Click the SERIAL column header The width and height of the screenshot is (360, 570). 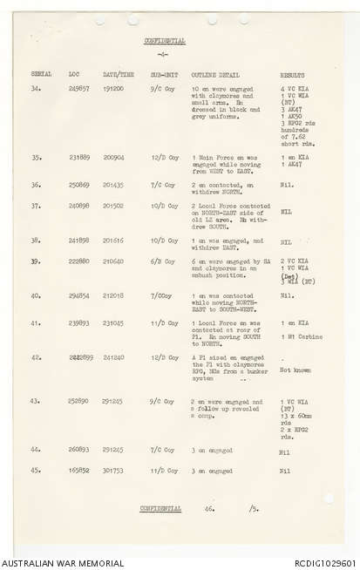tap(41, 75)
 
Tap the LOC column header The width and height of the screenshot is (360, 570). tap(74, 75)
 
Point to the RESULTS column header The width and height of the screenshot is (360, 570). tap(293, 75)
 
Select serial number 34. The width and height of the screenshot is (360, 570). tap(36, 89)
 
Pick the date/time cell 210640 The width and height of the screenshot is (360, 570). tap(112, 261)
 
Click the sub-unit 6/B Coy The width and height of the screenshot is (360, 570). tap(163, 261)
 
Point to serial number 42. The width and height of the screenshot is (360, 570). tap(36, 357)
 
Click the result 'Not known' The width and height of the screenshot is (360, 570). tap(295, 370)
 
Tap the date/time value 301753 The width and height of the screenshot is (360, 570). tap(112, 472)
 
